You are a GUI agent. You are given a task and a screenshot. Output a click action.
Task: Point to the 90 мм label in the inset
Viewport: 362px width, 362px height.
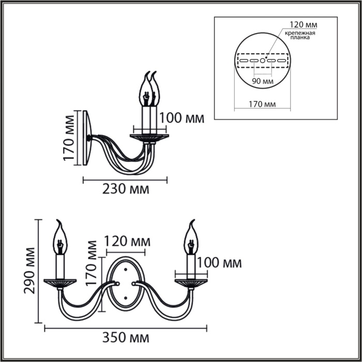(x=263, y=81)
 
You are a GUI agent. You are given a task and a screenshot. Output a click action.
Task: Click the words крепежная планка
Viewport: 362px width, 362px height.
(x=299, y=35)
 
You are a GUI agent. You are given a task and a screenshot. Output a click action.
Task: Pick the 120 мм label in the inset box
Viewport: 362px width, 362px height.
(x=304, y=24)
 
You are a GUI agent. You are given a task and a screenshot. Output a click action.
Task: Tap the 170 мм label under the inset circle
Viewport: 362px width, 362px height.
(x=262, y=104)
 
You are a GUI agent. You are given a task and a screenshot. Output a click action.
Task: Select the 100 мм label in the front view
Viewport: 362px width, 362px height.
(x=219, y=263)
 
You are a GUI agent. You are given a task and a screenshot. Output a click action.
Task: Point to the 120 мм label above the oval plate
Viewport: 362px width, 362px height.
(x=127, y=242)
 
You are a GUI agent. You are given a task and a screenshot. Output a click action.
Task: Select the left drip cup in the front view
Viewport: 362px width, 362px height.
(x=60, y=282)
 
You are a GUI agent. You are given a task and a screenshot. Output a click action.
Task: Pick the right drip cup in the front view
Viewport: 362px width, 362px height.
(x=191, y=282)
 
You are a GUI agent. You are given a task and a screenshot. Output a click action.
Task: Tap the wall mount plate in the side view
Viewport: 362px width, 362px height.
(x=88, y=138)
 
